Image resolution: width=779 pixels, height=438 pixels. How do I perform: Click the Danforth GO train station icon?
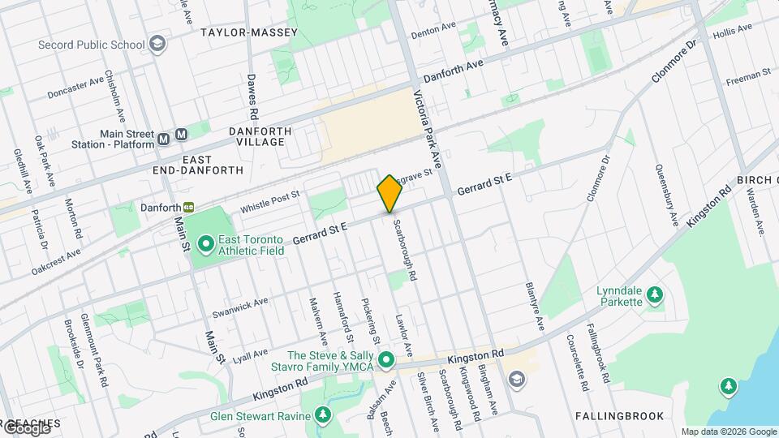(x=188, y=208)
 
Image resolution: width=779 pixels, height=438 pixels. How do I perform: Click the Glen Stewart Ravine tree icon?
(x=324, y=416)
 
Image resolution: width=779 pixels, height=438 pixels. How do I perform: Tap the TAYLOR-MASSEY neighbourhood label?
(x=249, y=32)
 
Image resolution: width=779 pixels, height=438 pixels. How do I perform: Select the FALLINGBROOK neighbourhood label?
(x=619, y=416)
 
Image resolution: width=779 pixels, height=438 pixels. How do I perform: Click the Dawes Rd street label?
(x=252, y=92)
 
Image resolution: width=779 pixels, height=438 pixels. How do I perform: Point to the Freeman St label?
(x=747, y=77)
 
